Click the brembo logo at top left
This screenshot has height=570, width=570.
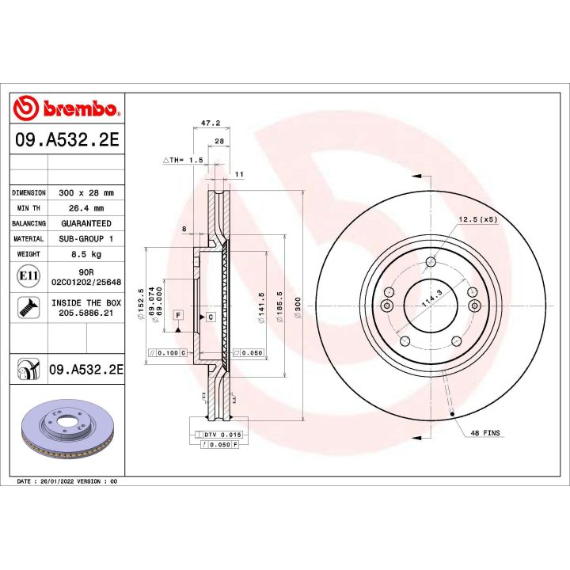coord(67,108)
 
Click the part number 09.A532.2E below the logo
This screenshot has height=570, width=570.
coord(67,140)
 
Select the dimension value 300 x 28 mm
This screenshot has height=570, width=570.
coord(86,193)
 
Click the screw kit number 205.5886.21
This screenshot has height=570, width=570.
coord(86,313)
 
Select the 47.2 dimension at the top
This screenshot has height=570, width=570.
coord(210,123)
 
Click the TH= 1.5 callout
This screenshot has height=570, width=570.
coord(184,160)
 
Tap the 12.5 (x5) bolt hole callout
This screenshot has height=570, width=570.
coord(477,219)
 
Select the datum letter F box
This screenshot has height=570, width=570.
coord(179,315)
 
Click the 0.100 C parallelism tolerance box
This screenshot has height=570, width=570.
coord(168,352)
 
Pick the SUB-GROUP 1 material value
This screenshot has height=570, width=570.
coord(86,238)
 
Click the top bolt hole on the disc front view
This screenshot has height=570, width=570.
coord(430,263)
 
